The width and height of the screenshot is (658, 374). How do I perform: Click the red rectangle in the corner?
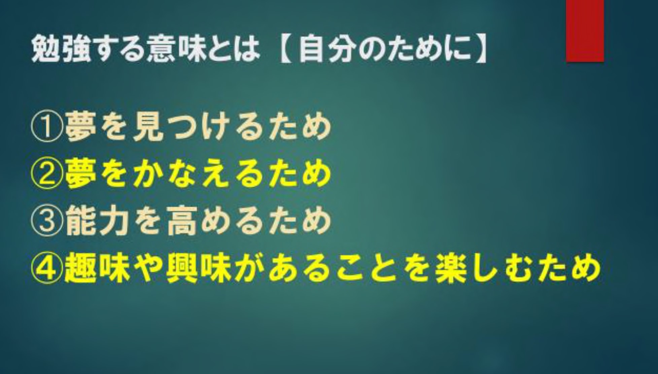585,31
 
